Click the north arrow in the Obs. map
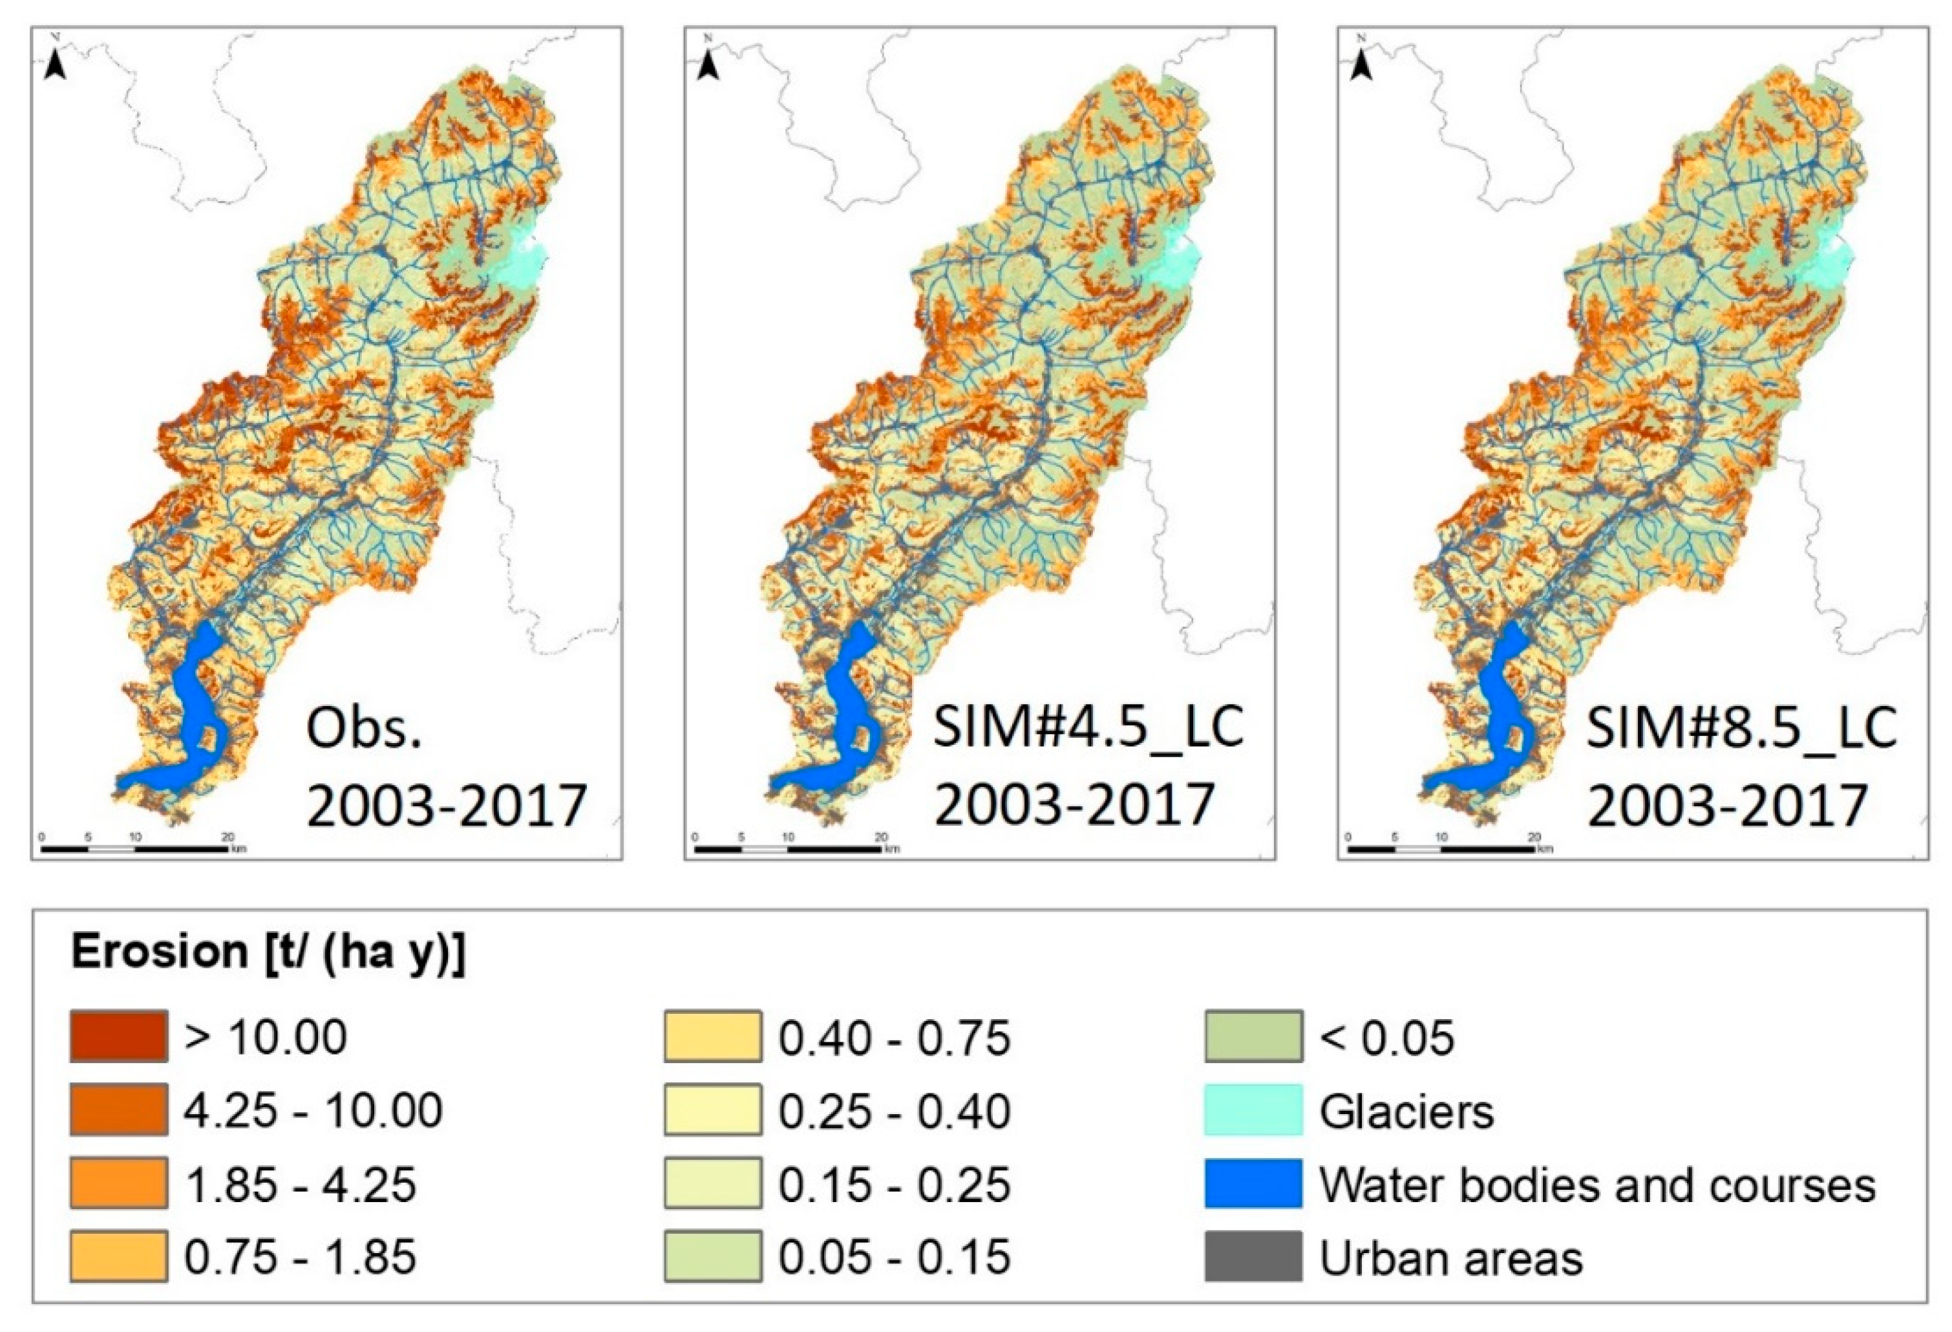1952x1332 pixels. click(x=56, y=65)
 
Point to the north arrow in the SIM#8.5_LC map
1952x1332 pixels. click(x=1361, y=65)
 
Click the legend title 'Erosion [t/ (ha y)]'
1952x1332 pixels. click(x=268, y=952)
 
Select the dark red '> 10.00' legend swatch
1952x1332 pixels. click(x=118, y=1037)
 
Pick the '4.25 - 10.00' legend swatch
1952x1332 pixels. click(x=118, y=1110)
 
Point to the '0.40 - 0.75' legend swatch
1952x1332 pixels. click(x=712, y=1037)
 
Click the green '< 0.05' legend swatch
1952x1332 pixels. click(x=1253, y=1037)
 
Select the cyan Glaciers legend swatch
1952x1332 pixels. click(x=1253, y=1110)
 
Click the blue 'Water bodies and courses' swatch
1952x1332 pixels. click(x=1253, y=1184)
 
